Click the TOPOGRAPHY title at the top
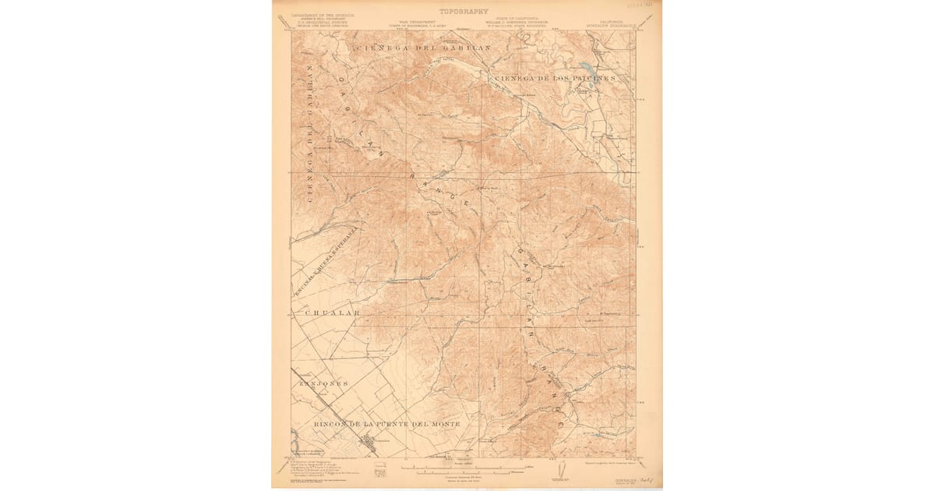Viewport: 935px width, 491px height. pos(464,12)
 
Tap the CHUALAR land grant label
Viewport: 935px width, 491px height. pos(328,313)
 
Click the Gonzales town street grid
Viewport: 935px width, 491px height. pos(365,444)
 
